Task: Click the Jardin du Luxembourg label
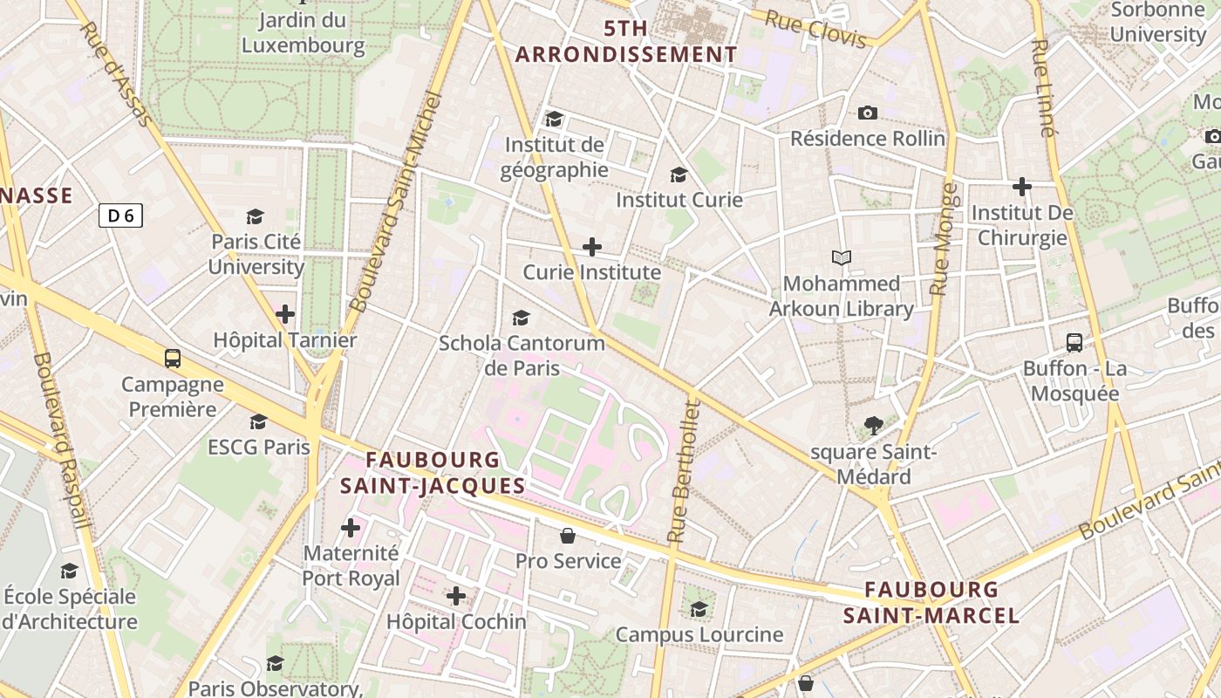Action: pyautogui.click(x=303, y=32)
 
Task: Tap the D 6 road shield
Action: pyautogui.click(x=120, y=216)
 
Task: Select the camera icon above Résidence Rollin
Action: pyautogui.click(x=867, y=113)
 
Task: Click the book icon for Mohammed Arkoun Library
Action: pyautogui.click(x=841, y=257)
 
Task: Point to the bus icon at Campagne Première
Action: pyautogui.click(x=173, y=358)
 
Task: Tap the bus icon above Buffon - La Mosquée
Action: pyautogui.click(x=1074, y=343)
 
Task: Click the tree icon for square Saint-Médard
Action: pyautogui.click(x=873, y=426)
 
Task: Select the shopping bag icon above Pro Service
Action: pyautogui.click(x=568, y=535)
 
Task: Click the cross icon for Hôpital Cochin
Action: pyautogui.click(x=455, y=596)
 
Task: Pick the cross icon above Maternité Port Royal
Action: pyautogui.click(x=351, y=527)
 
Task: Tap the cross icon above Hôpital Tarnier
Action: pyautogui.click(x=285, y=314)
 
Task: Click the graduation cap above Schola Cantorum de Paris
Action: pyautogui.click(x=521, y=318)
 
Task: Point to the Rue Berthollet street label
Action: pyautogui.click(x=682, y=471)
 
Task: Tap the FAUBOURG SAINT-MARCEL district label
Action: pyautogui.click(x=931, y=602)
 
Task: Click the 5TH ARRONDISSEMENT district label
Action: pyautogui.click(x=626, y=41)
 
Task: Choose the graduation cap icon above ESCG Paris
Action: pyautogui.click(x=258, y=422)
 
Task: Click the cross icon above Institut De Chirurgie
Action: pyautogui.click(x=1021, y=186)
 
